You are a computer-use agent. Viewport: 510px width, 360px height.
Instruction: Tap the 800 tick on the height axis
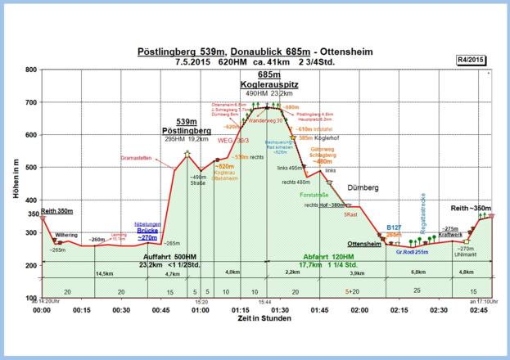coord(29,70)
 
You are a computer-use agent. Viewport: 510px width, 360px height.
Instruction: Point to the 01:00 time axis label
coord(201,311)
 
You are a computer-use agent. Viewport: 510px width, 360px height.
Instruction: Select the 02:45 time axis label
coord(478,311)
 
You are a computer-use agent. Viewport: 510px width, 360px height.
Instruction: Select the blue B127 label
coord(394,227)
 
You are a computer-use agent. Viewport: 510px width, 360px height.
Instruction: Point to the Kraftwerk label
coord(451,235)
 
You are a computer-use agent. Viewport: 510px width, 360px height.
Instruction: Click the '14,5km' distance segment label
coord(104,272)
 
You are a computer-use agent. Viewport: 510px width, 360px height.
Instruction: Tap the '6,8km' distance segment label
coord(417,272)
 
